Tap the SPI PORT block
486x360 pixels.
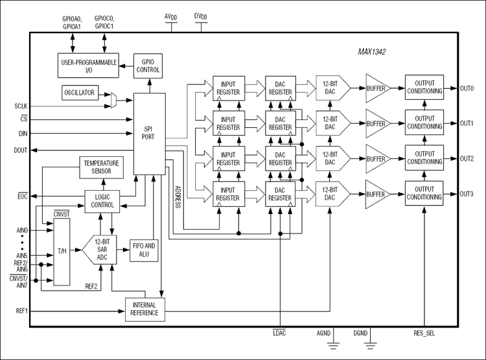click(x=149, y=133)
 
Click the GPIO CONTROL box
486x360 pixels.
click(x=146, y=66)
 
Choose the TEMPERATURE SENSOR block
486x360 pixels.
click(x=102, y=167)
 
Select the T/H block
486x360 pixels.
click(x=62, y=252)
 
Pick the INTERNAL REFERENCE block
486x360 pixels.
click(x=145, y=309)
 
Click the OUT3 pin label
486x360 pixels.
click(x=467, y=194)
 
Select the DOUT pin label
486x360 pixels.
click(x=21, y=150)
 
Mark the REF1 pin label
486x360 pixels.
click(x=21, y=311)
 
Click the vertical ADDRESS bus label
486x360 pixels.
click(x=178, y=195)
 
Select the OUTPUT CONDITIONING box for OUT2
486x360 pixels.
click(x=424, y=158)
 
